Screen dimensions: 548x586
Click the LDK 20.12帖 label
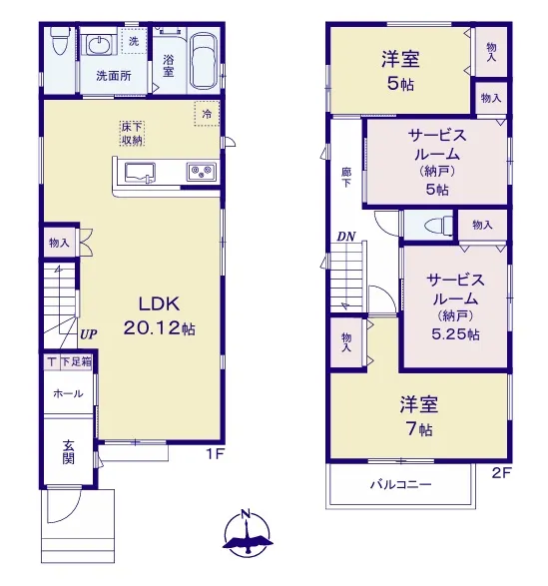pos(159,315)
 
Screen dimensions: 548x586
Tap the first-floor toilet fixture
pos(60,41)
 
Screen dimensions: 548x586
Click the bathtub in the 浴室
pos(204,62)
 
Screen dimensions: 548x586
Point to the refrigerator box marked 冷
pos(207,114)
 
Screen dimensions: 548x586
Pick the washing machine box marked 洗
pos(134,41)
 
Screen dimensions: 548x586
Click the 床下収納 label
pos(132,134)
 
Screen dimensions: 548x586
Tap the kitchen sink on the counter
pos(140,173)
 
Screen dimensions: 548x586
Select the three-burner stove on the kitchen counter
pos(202,172)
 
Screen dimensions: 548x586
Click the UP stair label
pos(89,334)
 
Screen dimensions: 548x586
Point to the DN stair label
pos(346,237)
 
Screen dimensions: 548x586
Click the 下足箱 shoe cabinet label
pos(76,361)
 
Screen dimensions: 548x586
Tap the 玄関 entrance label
pos(69,452)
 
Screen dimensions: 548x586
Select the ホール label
pos(68,393)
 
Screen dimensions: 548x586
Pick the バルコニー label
pos(400,485)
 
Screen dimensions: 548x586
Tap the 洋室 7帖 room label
pos(418,415)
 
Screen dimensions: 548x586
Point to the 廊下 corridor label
pos(346,178)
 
